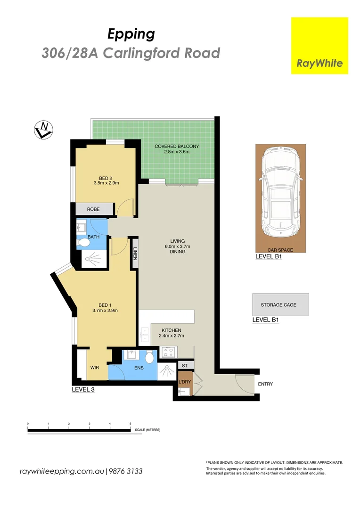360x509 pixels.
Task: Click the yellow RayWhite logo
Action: pos(319,46)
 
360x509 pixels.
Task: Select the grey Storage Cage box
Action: pos(280,305)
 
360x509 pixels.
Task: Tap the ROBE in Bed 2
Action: pos(93,209)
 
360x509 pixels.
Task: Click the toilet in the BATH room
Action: pos(84,243)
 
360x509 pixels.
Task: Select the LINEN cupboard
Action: pos(135,254)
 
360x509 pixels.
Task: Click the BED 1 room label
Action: pos(105,307)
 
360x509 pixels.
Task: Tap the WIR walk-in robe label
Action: pos(94,367)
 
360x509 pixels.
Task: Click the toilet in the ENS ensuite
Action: pos(150,358)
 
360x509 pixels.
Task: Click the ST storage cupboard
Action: pos(185,365)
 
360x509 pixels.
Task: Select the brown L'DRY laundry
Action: pos(184,381)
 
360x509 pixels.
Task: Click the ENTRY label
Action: pos(265,384)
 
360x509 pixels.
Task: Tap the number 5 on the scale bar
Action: pos(131,424)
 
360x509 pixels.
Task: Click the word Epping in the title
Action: pos(131,34)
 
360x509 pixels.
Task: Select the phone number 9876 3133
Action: pos(126,471)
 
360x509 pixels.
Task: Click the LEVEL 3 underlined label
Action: pos(83,390)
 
